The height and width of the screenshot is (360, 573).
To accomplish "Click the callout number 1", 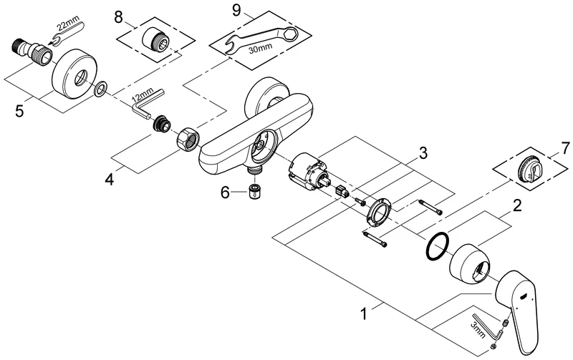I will click(x=367, y=313).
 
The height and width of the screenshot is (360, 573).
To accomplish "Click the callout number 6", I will click(x=224, y=192).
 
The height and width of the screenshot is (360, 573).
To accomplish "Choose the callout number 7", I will click(x=565, y=148).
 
